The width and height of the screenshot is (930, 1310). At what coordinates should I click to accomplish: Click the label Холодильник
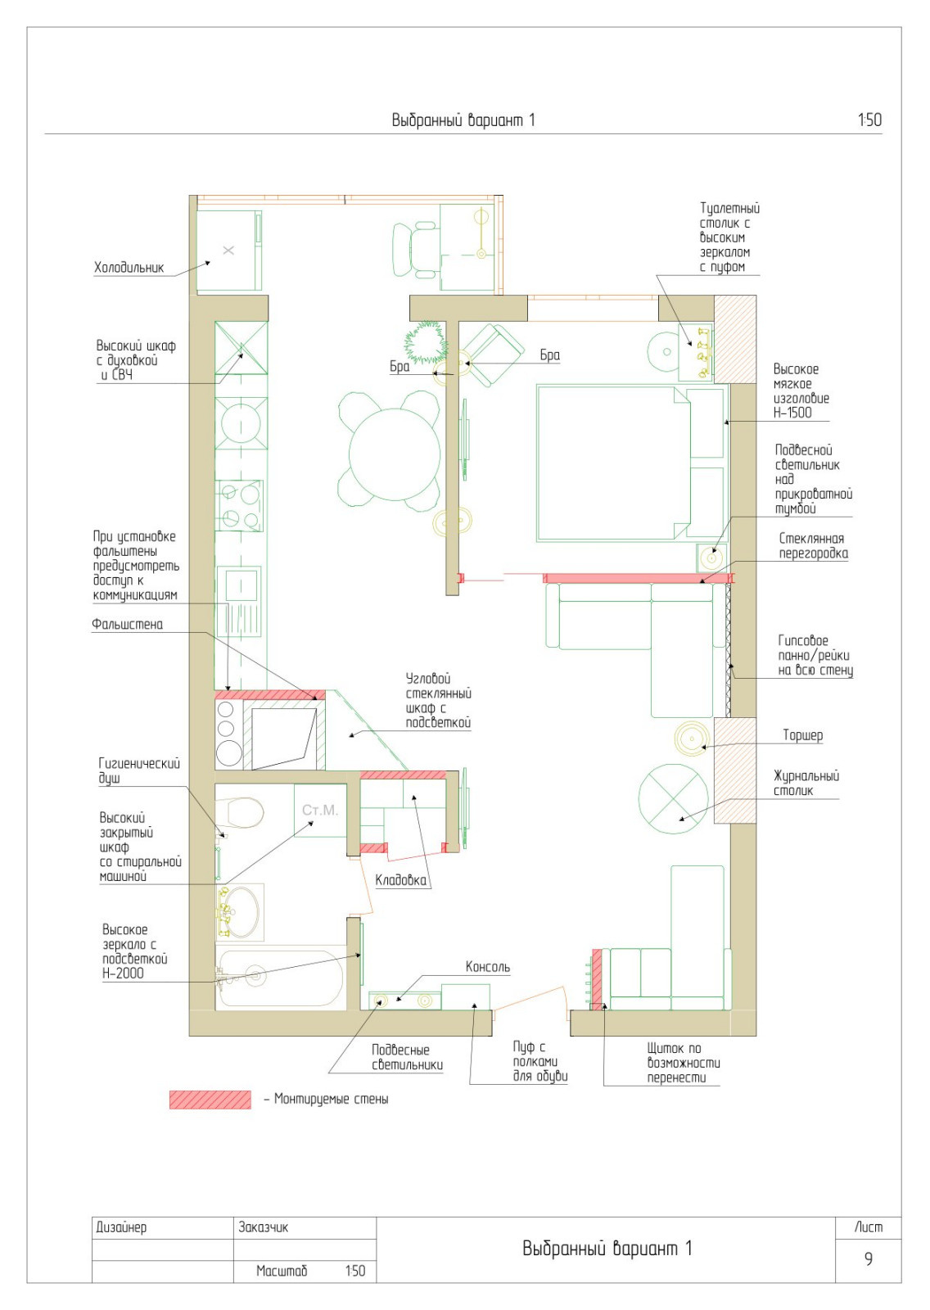pos(129,268)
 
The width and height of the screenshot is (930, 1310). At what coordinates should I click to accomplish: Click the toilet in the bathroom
pos(239,813)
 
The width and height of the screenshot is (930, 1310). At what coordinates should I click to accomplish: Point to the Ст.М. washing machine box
pos(320,811)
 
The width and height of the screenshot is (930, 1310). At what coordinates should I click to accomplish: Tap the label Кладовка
pos(400,879)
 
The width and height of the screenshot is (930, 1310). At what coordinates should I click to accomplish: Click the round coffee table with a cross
pos(674,799)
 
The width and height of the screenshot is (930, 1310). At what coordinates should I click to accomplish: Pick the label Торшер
pos(802,735)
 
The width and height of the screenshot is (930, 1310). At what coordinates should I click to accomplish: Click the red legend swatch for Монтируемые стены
pos(210,1100)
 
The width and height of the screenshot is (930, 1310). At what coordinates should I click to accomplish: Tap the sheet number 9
pos(868,1258)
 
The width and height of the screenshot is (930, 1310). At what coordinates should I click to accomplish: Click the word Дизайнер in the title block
pos(121,1227)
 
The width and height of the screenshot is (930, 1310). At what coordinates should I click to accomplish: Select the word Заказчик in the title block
pos(264,1226)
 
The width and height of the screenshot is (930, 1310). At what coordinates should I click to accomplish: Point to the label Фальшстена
pos(127,624)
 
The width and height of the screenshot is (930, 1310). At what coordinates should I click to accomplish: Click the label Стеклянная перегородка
pos(812,545)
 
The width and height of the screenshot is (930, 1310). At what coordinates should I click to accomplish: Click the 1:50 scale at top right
pos(869,120)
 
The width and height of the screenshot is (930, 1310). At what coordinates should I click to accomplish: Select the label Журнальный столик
pos(806,783)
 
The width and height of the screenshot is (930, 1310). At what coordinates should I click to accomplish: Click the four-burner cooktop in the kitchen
pos(239,505)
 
